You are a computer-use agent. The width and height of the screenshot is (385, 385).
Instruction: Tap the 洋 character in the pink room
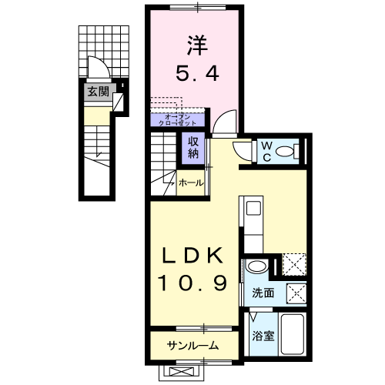(196, 43)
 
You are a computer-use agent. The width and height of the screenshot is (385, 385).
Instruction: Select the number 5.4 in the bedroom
(196, 75)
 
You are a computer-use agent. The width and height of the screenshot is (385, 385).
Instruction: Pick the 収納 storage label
(192, 146)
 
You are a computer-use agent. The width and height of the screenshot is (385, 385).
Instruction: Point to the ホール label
(191, 183)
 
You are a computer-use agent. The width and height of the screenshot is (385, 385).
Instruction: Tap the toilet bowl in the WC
(290, 151)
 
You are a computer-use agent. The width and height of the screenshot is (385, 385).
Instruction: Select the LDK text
(192, 256)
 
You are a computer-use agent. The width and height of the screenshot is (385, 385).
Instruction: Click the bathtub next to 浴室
(293, 336)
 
